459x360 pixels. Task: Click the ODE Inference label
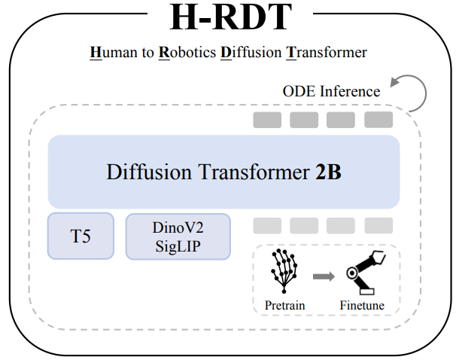[331, 92]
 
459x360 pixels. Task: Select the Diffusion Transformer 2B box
[223, 172]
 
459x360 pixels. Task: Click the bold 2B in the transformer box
[328, 172]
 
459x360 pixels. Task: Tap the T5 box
[81, 236]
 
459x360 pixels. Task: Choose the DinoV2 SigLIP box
[178, 236]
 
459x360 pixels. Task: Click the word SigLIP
[178, 246]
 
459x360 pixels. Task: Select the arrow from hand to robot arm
[323, 276]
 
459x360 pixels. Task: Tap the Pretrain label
[284, 305]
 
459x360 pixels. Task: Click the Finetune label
[362, 305]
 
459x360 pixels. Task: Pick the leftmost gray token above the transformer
[267, 120]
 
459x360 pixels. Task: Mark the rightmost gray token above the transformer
[378, 120]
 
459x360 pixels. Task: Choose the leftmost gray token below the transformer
[267, 225]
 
